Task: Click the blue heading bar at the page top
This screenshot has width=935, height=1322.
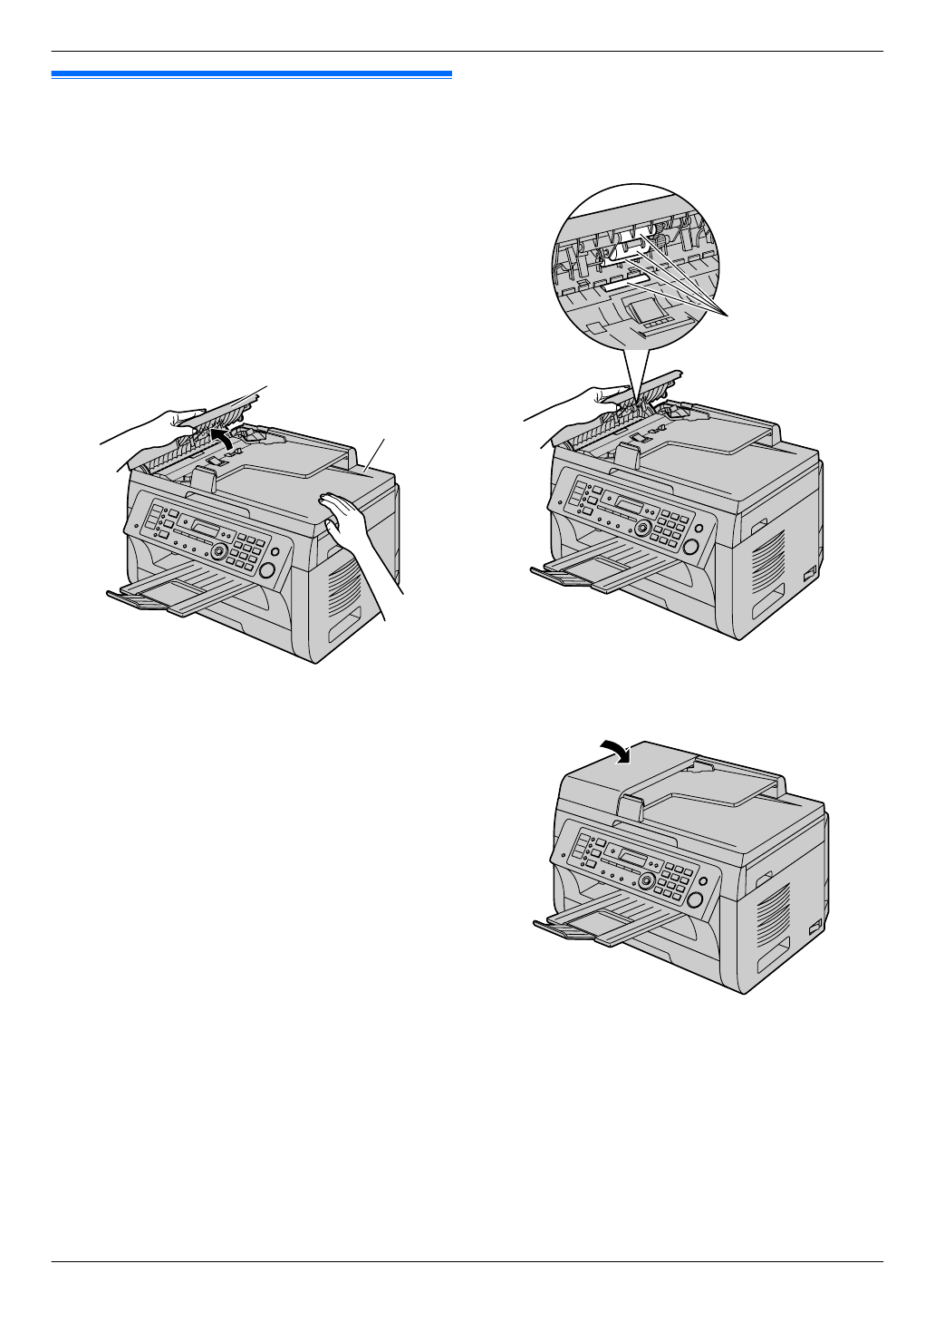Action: tap(251, 73)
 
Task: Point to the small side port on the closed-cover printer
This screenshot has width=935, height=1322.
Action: tap(812, 927)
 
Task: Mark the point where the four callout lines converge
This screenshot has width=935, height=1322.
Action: tap(730, 314)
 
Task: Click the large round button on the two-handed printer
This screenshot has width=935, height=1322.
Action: tap(267, 570)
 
